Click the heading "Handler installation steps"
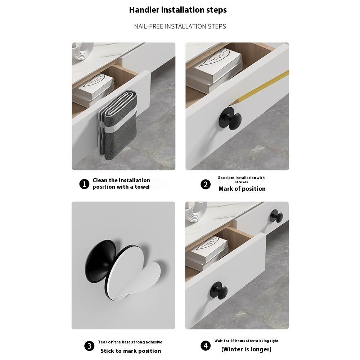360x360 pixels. point(178,10)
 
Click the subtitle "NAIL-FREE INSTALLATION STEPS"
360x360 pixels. point(180,26)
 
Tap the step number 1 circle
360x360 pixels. point(84,184)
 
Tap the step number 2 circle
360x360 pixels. point(205,185)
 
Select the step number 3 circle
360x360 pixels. point(89,346)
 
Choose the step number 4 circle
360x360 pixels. point(205,346)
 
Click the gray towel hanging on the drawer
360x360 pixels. point(118,126)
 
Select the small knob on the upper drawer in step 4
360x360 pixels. point(276,216)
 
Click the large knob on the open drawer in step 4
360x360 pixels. point(219,290)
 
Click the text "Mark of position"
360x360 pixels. point(242,189)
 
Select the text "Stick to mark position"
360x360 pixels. point(131,351)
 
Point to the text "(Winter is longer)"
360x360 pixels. point(246,349)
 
